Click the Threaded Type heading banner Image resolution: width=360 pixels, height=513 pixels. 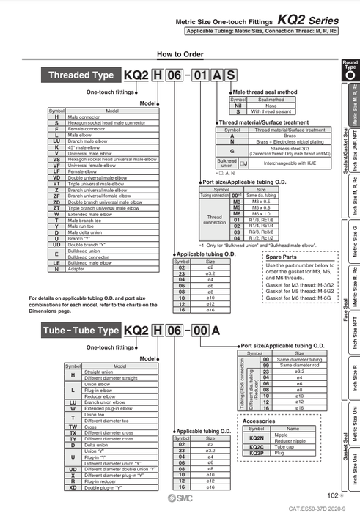(x=81, y=75)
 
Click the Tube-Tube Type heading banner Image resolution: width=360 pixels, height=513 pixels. (x=80, y=331)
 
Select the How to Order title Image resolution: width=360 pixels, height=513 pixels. (x=179, y=54)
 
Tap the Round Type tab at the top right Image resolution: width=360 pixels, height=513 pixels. (x=350, y=70)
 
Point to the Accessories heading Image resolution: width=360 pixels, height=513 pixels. (x=258, y=421)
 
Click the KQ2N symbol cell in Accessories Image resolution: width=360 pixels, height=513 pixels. (x=257, y=436)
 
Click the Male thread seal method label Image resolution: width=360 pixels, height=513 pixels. (x=265, y=92)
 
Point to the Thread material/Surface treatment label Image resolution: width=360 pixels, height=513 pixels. (x=264, y=122)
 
